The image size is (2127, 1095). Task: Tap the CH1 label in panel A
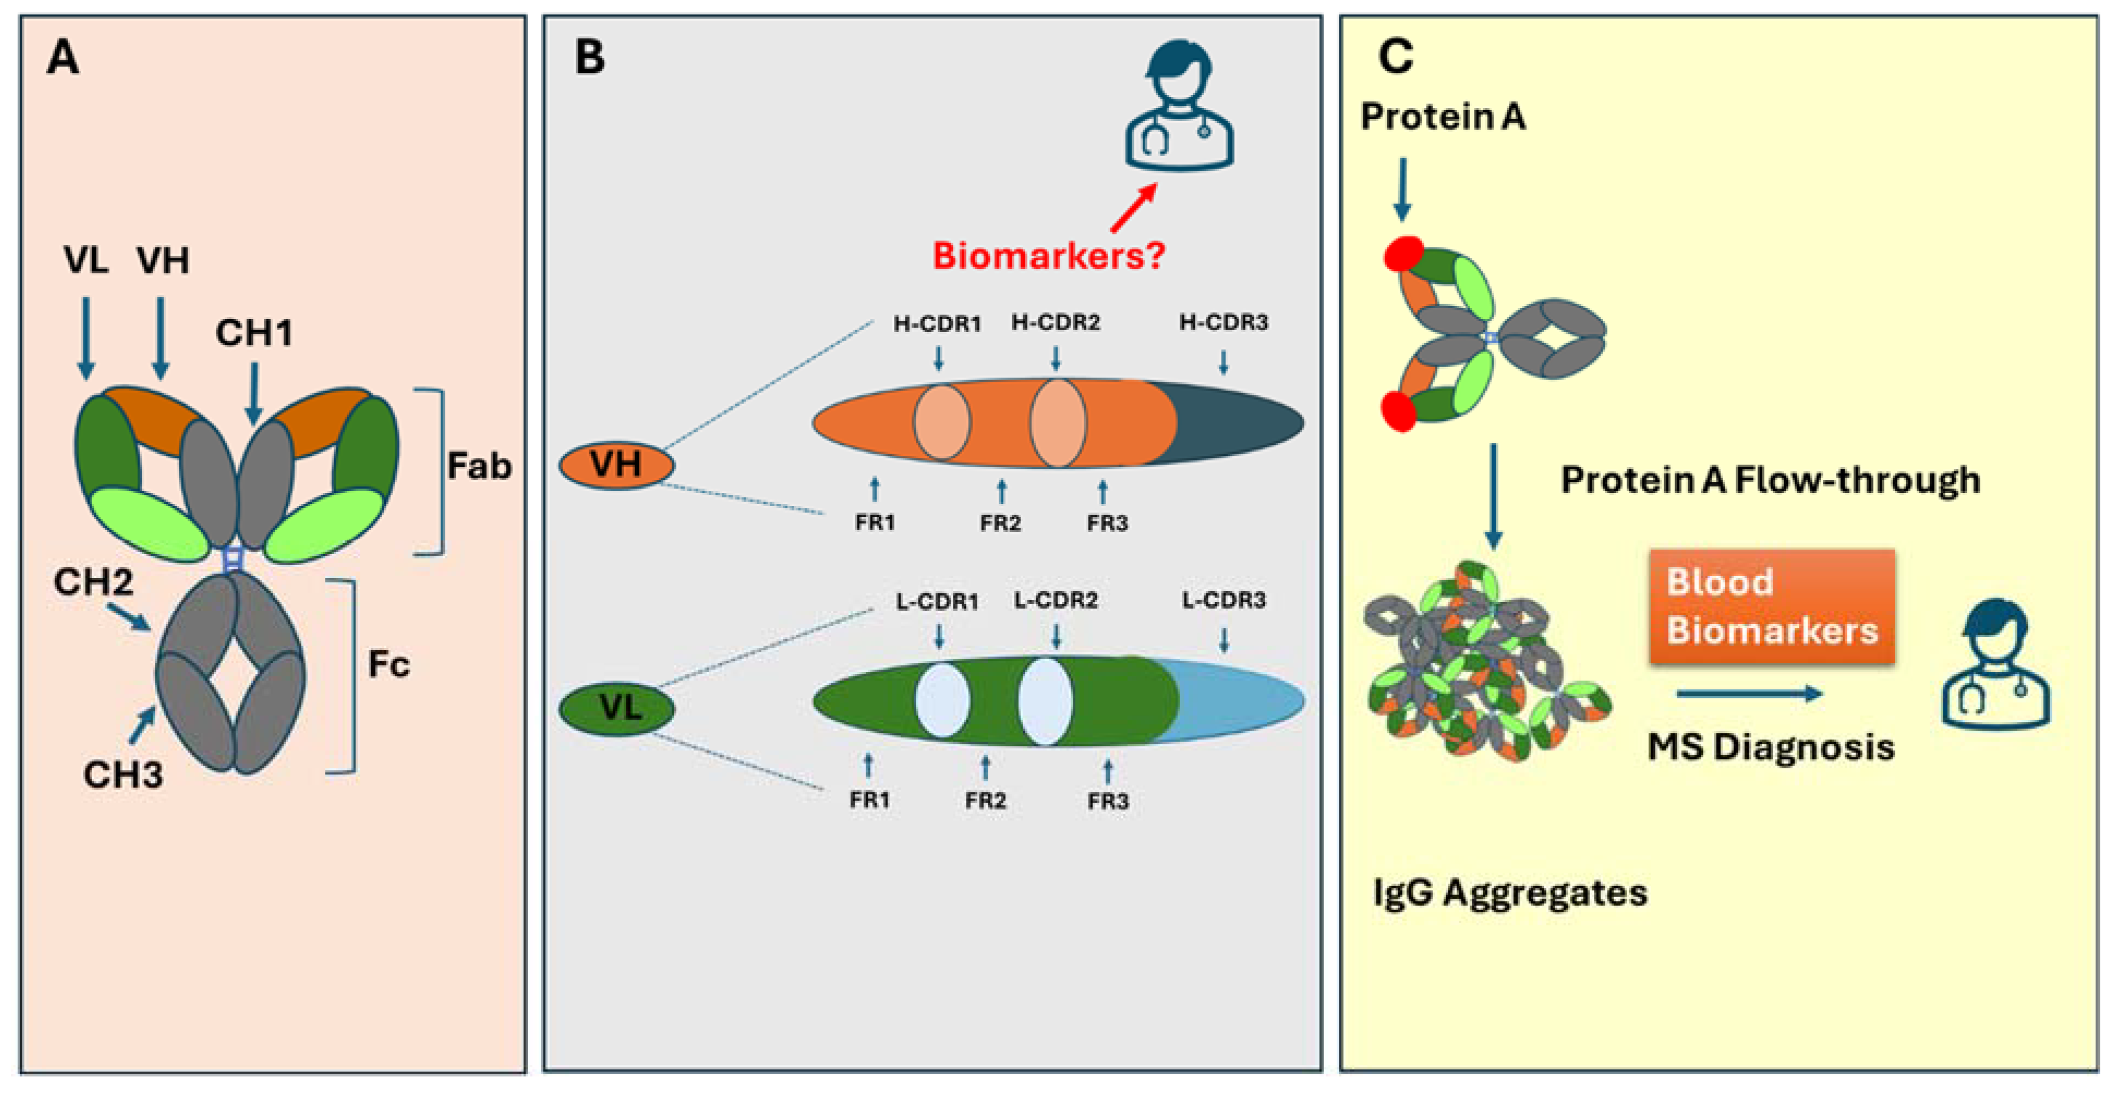coord(253,333)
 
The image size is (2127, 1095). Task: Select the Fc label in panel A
coord(388,664)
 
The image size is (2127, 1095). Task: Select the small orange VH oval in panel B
coord(616,465)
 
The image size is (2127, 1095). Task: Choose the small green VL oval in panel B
coord(616,708)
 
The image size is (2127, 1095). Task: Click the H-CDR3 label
coord(1223,322)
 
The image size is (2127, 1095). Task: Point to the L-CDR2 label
coord(1055,600)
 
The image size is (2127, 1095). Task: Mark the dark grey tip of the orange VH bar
coord(1238,422)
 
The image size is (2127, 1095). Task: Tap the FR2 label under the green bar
coord(985,800)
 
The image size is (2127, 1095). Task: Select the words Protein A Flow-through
coord(1769,480)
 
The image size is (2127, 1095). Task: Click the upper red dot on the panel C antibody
coord(1403,254)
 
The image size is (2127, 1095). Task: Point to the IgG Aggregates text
coord(1508,893)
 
